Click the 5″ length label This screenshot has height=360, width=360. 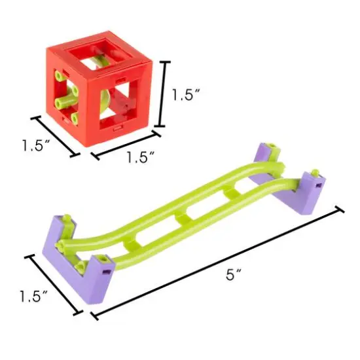230,276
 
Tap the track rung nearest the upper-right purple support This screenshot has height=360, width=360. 230,194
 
